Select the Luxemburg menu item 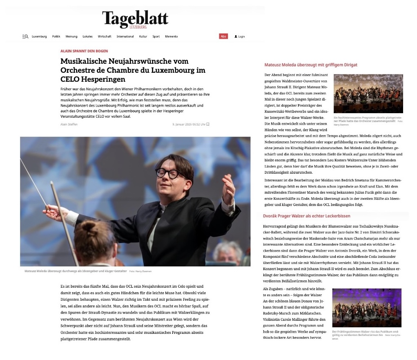(39, 36)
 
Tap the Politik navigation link (56, 36)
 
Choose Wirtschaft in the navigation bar (105, 36)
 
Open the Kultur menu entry (143, 36)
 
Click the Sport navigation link (156, 36)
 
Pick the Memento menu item (172, 36)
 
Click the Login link (240, 36)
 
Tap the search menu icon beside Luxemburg (25, 36)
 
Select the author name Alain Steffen (69, 124)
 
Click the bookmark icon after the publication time (208, 124)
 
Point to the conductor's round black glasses (167, 173)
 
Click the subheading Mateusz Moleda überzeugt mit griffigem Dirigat (311, 65)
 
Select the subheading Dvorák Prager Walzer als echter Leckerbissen (307, 216)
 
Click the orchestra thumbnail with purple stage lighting (366, 307)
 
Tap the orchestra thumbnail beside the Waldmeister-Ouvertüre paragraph (368, 94)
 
